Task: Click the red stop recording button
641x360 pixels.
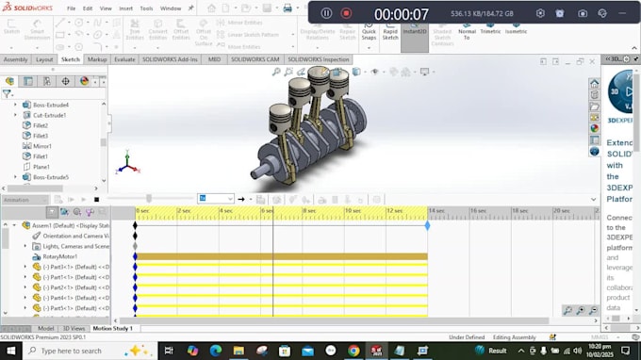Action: [346, 13]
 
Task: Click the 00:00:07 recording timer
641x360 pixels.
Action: [402, 13]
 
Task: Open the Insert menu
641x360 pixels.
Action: [126, 8]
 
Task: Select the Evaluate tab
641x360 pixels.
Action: [124, 59]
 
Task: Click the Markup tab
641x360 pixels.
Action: [97, 59]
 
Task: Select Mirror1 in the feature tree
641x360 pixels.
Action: [42, 146]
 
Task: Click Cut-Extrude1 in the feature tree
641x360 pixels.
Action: [50, 115]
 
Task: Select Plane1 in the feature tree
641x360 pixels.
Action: [41, 167]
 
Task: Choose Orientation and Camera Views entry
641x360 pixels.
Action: [75, 236]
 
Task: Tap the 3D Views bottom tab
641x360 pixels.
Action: [73, 328]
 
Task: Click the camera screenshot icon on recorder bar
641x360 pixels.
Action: [583, 13]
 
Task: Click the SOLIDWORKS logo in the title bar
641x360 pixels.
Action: [27, 8]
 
